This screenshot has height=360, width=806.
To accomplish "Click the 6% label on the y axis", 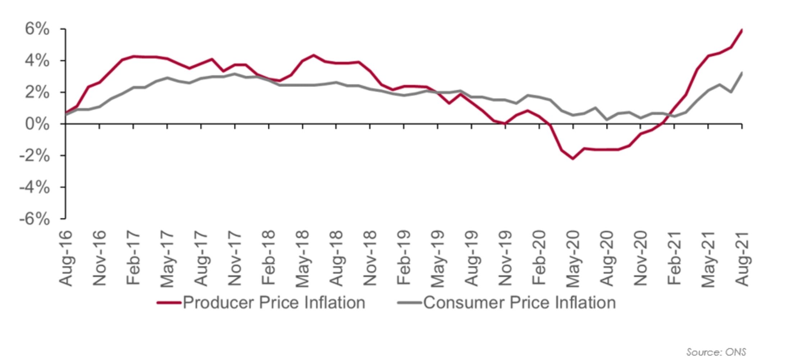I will tap(37, 29).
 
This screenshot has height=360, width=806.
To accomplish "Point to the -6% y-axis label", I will tap(35, 219).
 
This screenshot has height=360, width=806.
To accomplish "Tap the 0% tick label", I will tap(37, 124).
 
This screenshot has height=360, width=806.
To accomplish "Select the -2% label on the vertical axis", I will tap(35, 156).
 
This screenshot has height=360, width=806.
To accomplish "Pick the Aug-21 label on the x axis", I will tap(742, 258).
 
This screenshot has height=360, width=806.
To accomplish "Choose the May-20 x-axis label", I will tap(573, 258).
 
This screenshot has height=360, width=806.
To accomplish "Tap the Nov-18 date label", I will tap(370, 258).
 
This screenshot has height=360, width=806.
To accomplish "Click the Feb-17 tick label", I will tap(133, 258).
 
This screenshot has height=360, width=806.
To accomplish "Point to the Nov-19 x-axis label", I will tap(505, 258).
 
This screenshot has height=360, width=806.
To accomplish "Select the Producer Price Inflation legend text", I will tap(274, 302).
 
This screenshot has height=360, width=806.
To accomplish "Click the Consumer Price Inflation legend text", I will tap(519, 302).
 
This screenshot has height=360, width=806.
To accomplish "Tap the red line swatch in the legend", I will tap(169, 303).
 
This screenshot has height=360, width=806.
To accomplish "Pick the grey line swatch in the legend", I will tap(409, 303).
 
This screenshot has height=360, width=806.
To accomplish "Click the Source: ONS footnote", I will tap(716, 352).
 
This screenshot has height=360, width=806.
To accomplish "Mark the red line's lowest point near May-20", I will tap(573, 158).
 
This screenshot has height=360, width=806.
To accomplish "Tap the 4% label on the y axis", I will tap(37, 60).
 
